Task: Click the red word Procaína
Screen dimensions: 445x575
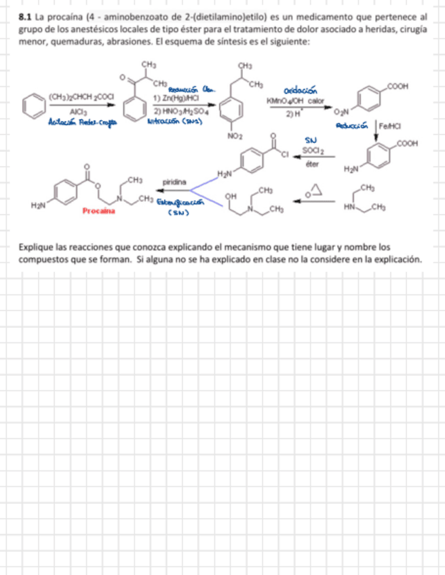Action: pyautogui.click(x=98, y=211)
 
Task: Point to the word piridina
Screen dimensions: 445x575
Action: pyautogui.click(x=175, y=182)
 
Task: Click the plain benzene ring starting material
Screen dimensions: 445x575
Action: pyautogui.click(x=31, y=106)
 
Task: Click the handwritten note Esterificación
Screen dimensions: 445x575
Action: pyautogui.click(x=180, y=202)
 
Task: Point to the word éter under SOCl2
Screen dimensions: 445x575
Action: pyautogui.click(x=312, y=163)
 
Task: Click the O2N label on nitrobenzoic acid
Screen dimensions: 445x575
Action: pyautogui.click(x=341, y=110)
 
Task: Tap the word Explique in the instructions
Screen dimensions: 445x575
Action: pyautogui.click(x=37, y=247)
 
